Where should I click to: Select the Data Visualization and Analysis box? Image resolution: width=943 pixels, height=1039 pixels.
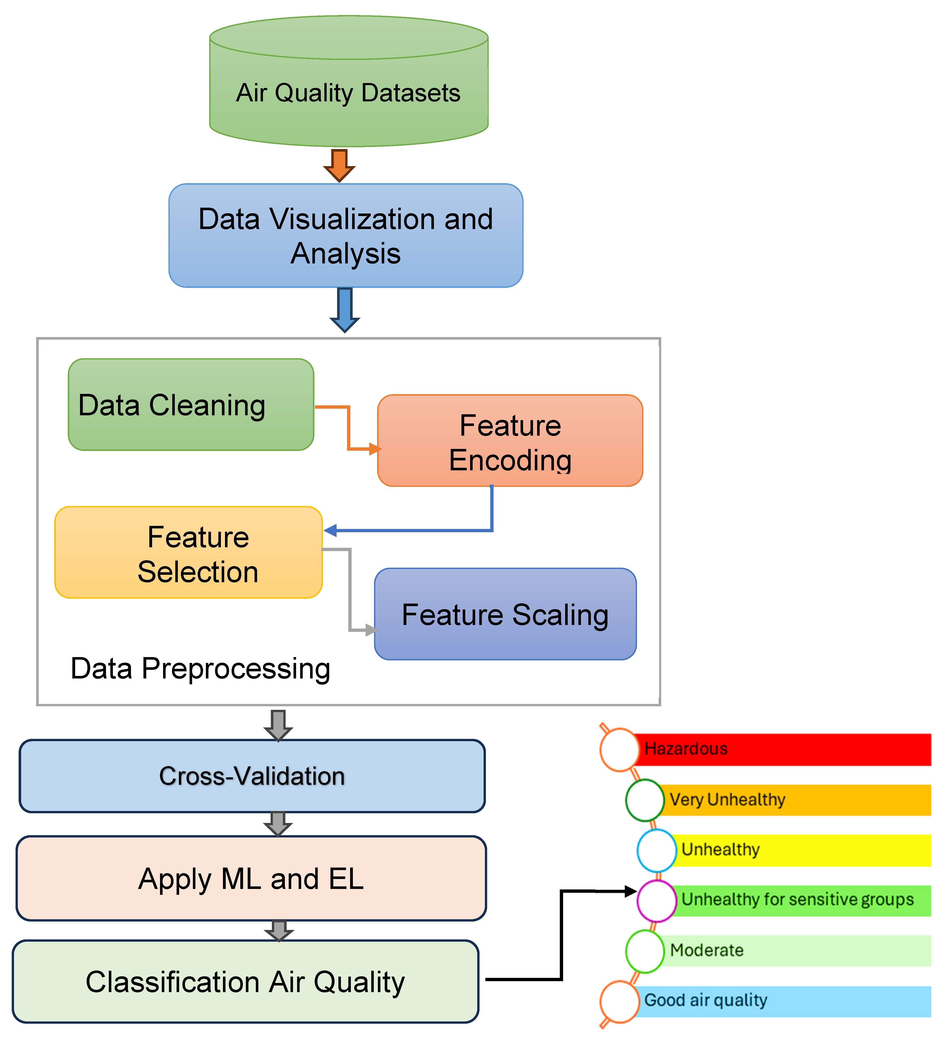pyautogui.click(x=346, y=235)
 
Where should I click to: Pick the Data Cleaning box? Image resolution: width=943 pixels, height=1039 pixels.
pyautogui.click(x=191, y=405)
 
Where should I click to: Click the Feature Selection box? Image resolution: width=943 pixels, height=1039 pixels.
pyautogui.click(x=189, y=552)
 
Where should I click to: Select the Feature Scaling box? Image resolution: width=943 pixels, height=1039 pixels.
pyautogui.click(x=505, y=614)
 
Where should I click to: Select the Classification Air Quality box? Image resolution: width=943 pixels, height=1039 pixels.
pyautogui.click(x=245, y=982)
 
